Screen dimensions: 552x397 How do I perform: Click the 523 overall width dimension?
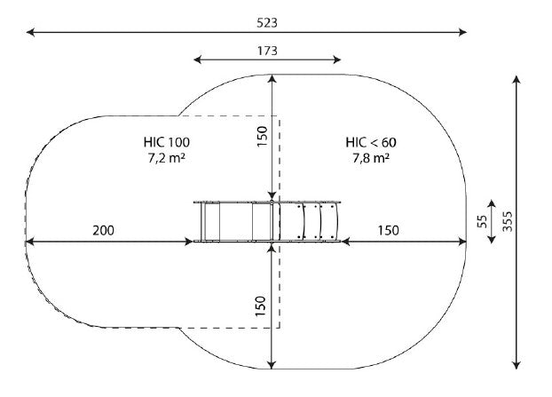click(x=267, y=23)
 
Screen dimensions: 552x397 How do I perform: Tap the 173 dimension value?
click(x=267, y=52)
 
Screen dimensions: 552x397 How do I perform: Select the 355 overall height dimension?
click(x=508, y=221)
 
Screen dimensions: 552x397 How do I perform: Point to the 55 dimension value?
click(x=482, y=221)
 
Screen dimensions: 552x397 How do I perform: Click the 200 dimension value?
click(x=104, y=231)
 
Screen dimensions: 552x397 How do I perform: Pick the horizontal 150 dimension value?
click(x=389, y=231)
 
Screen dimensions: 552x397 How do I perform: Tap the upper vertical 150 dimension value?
click(x=262, y=137)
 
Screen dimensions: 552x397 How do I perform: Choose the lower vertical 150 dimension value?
click(x=261, y=306)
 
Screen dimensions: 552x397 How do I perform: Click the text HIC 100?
click(x=167, y=142)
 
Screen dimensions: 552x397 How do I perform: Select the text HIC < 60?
click(x=371, y=143)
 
